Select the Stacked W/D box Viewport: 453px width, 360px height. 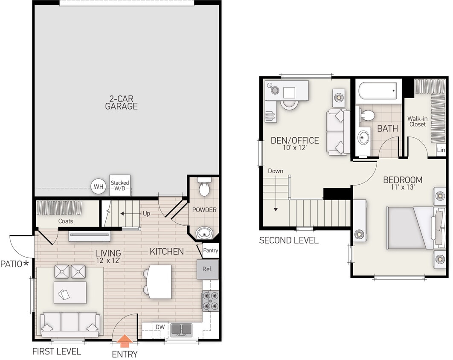coord(120,186)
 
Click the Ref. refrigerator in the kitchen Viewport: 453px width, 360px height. coord(207,270)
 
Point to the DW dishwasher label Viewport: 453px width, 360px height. coord(160,327)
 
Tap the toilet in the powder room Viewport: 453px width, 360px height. coord(204,188)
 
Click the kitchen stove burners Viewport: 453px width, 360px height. coord(210,300)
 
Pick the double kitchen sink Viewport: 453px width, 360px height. coord(181,329)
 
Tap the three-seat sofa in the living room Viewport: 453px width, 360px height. coord(70,323)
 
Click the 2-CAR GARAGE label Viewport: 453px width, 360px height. coord(122,102)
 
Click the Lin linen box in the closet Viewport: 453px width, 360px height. coord(441,150)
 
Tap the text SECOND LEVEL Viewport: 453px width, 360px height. coord(289,241)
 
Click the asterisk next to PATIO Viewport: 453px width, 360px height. coord(26,264)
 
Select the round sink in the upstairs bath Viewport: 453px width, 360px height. coord(364,137)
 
